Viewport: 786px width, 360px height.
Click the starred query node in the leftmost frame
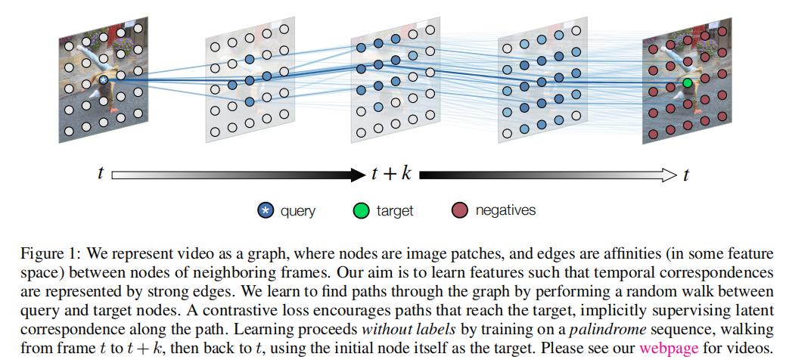point(104,79)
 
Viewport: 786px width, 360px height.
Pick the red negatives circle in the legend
point(458,211)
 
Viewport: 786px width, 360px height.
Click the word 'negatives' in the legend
point(505,211)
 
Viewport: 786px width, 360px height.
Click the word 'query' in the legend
point(298,211)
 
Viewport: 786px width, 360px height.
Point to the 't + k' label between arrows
point(390,174)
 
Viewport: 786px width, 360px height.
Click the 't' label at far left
point(100,174)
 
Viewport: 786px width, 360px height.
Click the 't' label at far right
point(686,174)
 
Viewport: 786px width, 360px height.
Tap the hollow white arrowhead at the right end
point(669,175)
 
